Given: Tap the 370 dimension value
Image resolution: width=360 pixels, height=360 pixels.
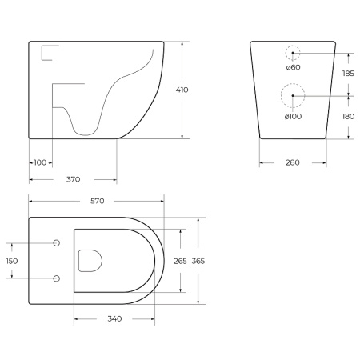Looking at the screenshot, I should (x=73, y=180).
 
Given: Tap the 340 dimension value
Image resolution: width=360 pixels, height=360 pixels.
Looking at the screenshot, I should (x=114, y=319).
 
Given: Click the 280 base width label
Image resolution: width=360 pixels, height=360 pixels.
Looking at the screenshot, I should (x=292, y=163).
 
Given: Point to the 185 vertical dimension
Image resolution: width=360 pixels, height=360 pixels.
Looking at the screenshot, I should (x=349, y=73).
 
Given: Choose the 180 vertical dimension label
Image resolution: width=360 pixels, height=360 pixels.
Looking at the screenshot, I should (x=349, y=117).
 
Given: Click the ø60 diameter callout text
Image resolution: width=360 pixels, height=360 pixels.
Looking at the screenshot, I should (x=293, y=67).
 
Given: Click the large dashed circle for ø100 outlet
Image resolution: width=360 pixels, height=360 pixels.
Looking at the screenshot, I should (x=293, y=96).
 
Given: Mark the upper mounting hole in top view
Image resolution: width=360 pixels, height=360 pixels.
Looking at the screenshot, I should (x=56, y=242).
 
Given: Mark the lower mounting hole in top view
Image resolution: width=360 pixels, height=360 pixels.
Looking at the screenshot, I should (x=56, y=278).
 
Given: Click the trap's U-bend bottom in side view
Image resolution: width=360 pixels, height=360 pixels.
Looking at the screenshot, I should (x=86, y=130).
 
